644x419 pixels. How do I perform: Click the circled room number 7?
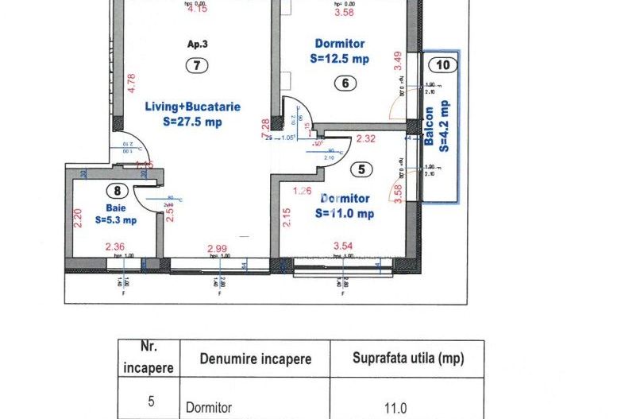[x=196, y=67]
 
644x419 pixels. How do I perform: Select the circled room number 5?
[x=361, y=169]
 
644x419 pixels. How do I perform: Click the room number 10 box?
[x=442, y=65]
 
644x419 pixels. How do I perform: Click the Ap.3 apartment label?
[x=197, y=45]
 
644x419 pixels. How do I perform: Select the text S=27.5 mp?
[x=192, y=122]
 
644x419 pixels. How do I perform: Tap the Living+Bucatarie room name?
[x=192, y=107]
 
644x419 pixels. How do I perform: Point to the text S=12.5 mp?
[x=341, y=59]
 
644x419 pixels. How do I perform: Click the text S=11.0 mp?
[x=345, y=213]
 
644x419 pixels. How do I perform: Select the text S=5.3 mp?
[x=117, y=220]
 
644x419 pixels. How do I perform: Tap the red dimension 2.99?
[x=217, y=248]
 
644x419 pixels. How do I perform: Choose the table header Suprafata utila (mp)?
[x=407, y=359]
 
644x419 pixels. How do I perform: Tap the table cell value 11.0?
[x=395, y=408]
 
